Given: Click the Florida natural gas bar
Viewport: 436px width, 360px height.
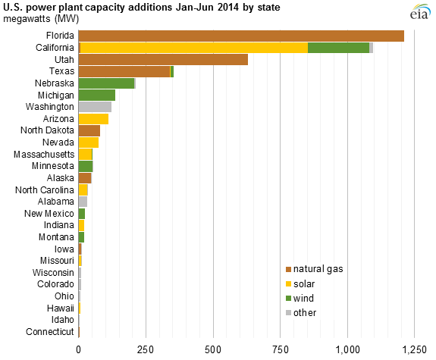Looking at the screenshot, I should click(x=241, y=36).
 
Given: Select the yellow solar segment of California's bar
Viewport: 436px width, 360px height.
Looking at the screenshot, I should click(x=193, y=48).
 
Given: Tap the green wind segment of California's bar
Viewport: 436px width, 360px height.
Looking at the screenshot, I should click(x=338, y=48).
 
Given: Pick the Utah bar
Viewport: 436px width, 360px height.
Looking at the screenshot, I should click(x=163, y=59).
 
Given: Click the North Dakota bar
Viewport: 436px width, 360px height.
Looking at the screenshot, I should click(x=89, y=130).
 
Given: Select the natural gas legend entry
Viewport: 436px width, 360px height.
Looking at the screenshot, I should click(x=313, y=268).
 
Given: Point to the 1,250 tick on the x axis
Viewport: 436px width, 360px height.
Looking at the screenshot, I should click(x=414, y=349).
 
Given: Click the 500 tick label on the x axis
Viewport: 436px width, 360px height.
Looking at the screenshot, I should click(x=213, y=349).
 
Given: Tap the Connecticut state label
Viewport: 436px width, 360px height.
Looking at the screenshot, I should click(x=49, y=332).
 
